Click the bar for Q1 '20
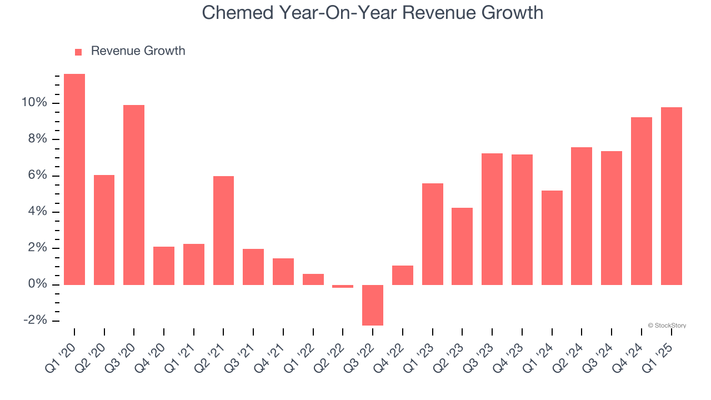[x=74, y=179]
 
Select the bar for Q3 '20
[x=134, y=195]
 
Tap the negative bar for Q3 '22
[x=373, y=305]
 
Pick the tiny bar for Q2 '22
[x=343, y=286]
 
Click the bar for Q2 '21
[x=223, y=231]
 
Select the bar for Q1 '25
[x=671, y=196]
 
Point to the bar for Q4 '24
[x=641, y=201]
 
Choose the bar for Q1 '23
[x=432, y=234]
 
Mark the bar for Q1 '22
[x=313, y=279]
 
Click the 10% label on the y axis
[x=34, y=103]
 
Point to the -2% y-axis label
[x=34, y=321]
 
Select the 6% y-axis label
[x=37, y=176]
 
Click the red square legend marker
[x=78, y=52]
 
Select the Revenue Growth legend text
[x=138, y=51]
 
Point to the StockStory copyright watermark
[x=667, y=326]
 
